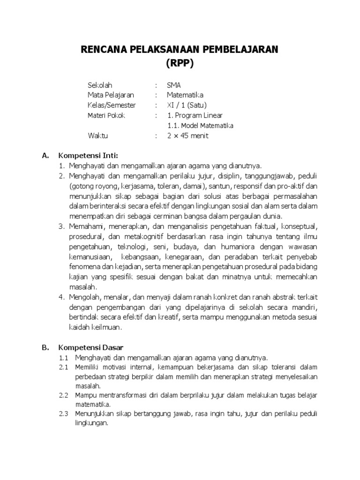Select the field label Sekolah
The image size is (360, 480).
point(100,85)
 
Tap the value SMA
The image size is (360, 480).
point(173,85)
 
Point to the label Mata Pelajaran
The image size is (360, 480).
point(111,95)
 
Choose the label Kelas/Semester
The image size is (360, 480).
point(111,105)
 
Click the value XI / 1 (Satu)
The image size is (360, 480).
point(186,105)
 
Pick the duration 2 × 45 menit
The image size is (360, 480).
point(187,136)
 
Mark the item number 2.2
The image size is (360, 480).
point(64,395)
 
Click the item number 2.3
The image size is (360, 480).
point(64,413)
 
